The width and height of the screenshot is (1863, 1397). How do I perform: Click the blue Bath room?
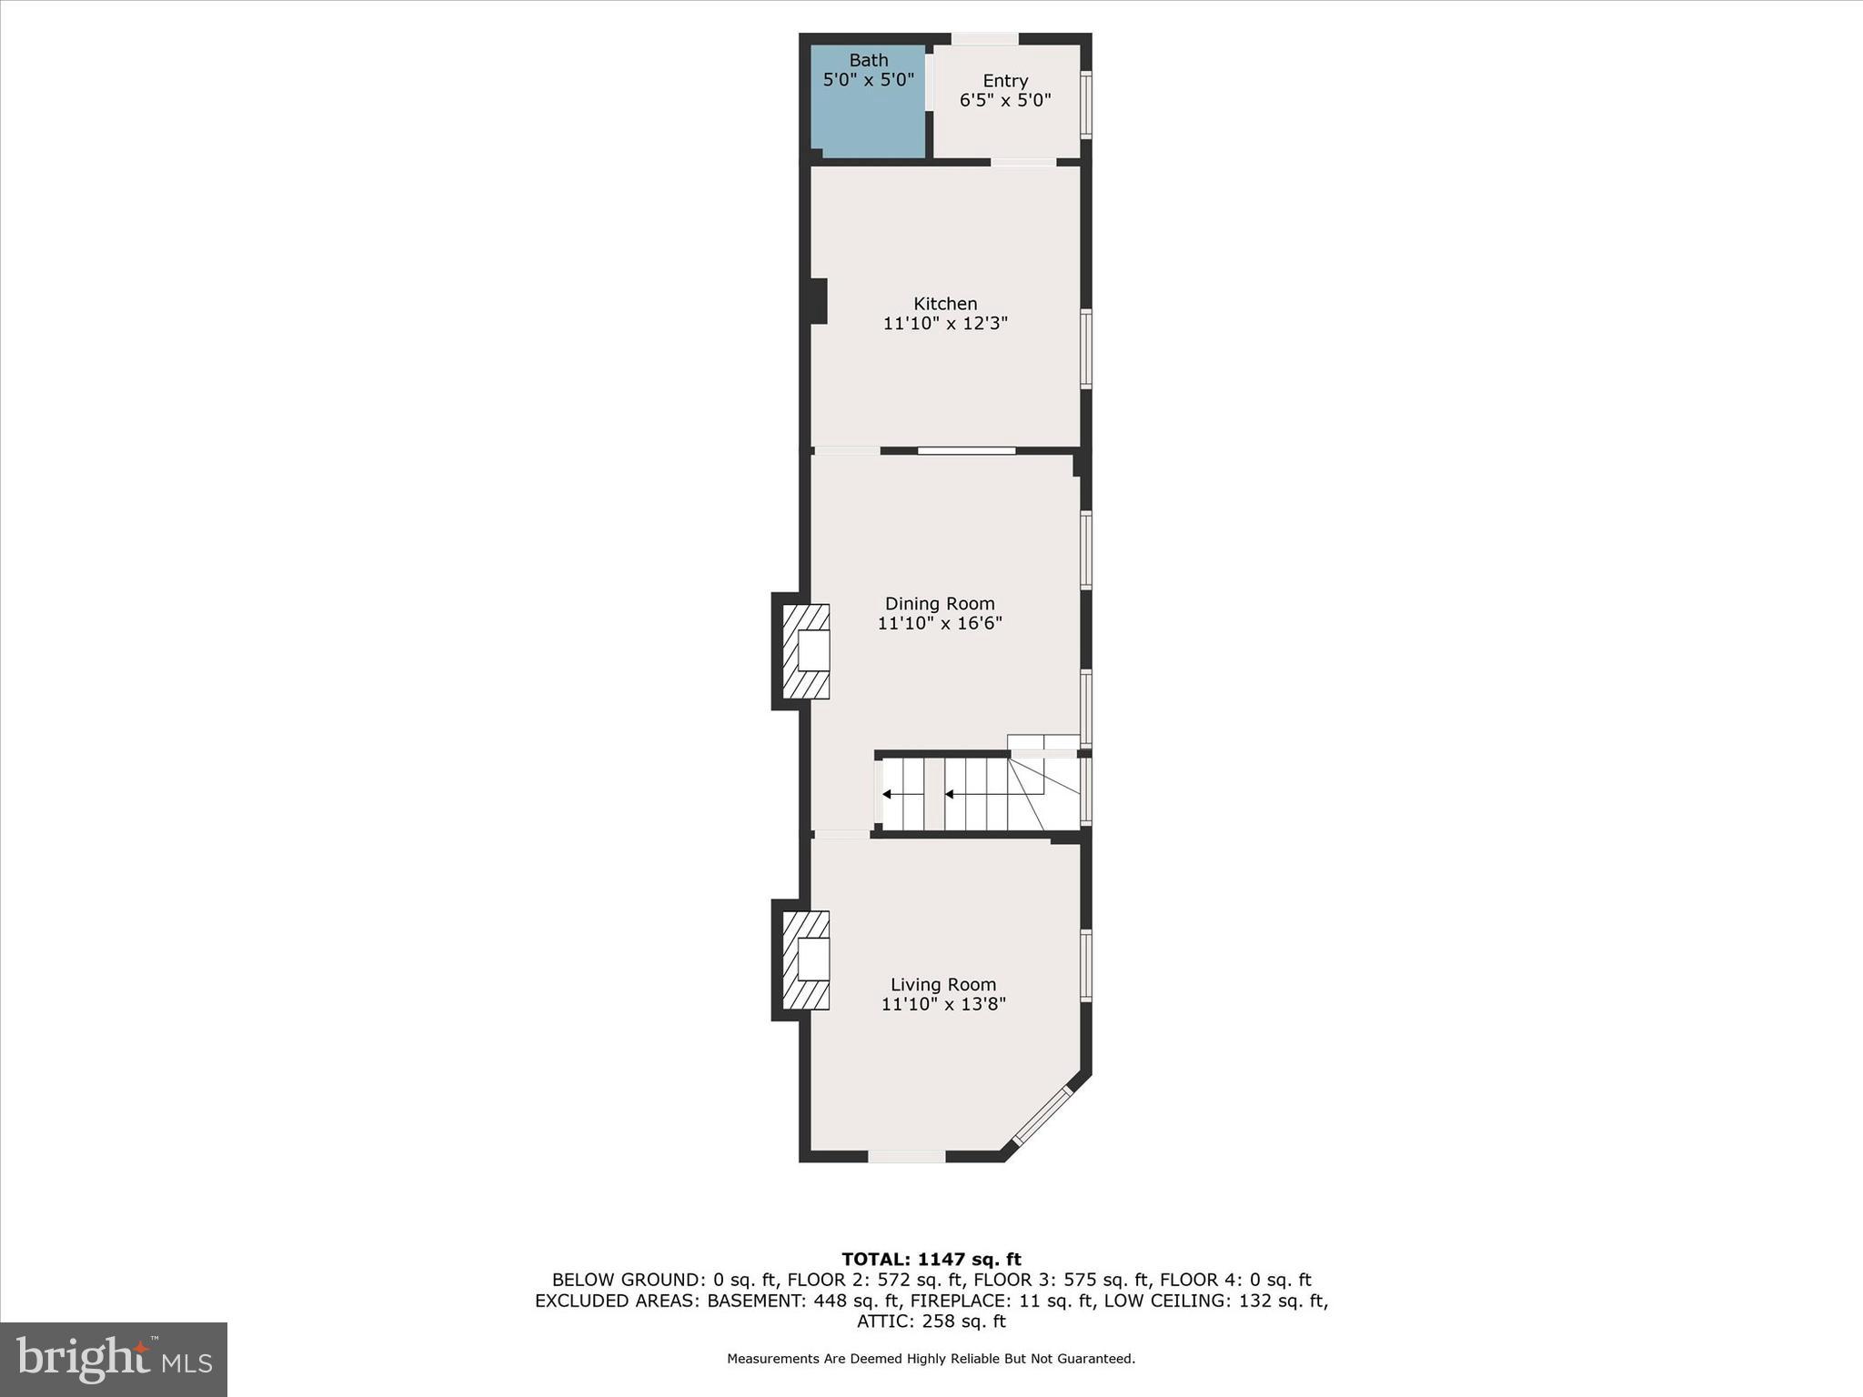tap(868, 118)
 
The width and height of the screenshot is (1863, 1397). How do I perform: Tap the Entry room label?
tap(1005, 81)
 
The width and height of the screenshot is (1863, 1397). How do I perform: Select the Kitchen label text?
tap(945, 304)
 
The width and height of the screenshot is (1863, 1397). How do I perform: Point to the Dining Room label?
tap(940, 604)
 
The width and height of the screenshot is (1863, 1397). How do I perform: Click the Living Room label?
tap(943, 984)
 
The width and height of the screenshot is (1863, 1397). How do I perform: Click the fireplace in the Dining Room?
tap(806, 650)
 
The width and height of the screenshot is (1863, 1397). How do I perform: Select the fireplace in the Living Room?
tap(806, 960)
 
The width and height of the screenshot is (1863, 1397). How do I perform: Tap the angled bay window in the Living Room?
tap(1042, 1114)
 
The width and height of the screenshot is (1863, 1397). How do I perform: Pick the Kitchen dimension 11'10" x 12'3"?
tap(945, 324)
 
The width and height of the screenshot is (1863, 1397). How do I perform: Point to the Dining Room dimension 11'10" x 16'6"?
tap(940, 624)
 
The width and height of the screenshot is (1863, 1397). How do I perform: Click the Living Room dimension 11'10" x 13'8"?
tap(943, 1004)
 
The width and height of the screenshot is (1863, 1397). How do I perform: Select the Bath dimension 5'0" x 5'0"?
tap(868, 80)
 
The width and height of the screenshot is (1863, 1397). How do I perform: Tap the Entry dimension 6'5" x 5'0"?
tap(1005, 100)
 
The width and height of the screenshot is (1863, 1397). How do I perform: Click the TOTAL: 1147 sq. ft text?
tap(931, 1260)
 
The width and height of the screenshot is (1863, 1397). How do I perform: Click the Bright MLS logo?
tap(114, 1359)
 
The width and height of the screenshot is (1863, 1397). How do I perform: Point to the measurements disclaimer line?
tap(931, 1359)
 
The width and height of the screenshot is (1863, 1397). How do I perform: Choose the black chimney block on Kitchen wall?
tap(818, 301)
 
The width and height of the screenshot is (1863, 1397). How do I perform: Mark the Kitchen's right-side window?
tap(1085, 349)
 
